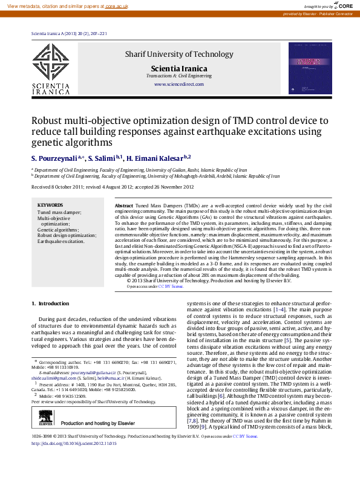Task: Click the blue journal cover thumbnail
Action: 309,68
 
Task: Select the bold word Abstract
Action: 123,206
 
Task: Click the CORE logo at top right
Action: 342,5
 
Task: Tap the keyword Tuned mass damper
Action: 59,212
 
